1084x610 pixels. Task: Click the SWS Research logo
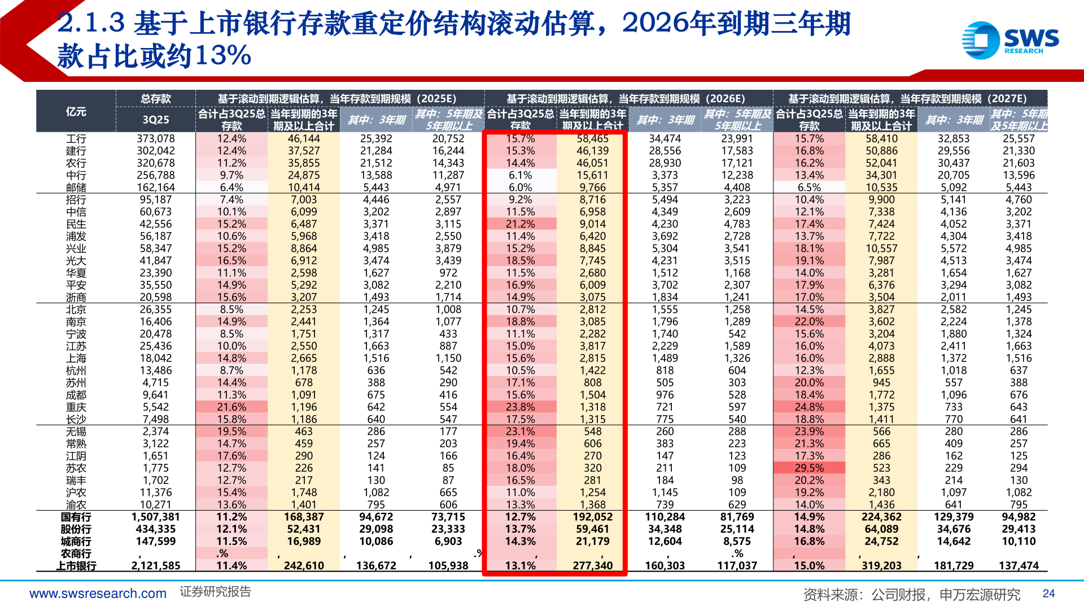pos(1010,40)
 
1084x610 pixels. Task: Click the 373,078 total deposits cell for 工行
pos(156,138)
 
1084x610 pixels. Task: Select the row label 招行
pos(76,200)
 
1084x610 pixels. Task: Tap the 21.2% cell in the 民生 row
pos(520,224)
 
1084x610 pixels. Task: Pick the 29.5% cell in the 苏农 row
pos(809,468)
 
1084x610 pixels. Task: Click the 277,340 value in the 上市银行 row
pos(592,565)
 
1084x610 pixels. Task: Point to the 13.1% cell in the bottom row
pos(520,565)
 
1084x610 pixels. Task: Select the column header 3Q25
pos(156,120)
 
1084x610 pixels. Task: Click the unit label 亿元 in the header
pos(76,111)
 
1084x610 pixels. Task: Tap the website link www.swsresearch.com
pos(98,594)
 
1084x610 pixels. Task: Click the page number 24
pos(1048,594)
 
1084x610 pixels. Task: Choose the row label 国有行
pos(76,517)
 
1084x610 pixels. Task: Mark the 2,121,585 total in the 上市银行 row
pos(156,565)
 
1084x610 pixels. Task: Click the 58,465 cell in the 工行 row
pos(592,138)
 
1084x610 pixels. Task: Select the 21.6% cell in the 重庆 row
pos(231,407)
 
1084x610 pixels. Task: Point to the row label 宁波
pos(76,334)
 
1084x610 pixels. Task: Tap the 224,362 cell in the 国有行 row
pos(881,517)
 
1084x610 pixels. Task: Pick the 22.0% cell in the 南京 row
pos(809,322)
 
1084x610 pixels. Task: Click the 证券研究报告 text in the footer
pos(215,592)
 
